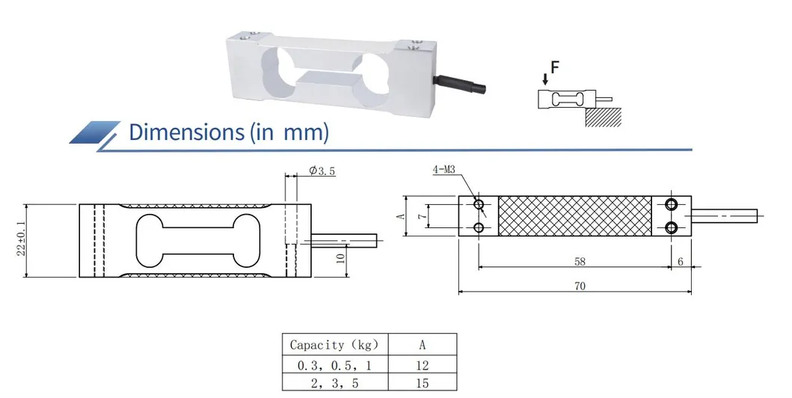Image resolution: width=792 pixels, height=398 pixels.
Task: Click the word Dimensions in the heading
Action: pos(182,132)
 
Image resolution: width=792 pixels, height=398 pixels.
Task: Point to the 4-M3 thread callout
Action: pos(445,171)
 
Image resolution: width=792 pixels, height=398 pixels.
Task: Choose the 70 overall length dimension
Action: pos(580,287)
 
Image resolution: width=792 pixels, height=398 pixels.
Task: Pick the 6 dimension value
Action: pos(680,263)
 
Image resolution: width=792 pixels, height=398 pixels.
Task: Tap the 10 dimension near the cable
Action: pos(341,260)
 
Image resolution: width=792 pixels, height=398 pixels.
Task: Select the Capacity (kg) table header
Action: pos(339,345)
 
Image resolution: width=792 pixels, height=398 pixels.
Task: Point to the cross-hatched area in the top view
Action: pos(574,215)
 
